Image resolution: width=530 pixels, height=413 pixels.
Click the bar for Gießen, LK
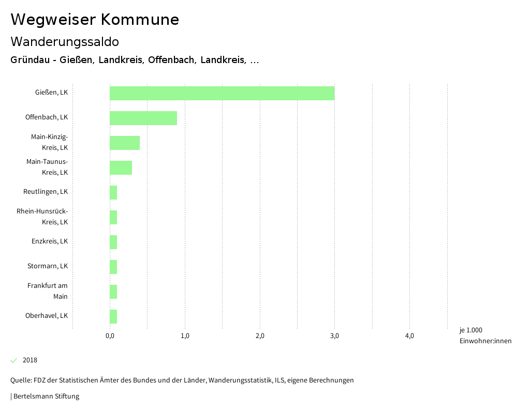[222, 94]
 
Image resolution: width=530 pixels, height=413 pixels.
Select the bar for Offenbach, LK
[143, 118]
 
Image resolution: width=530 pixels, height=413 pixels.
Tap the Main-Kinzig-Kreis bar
[124, 143]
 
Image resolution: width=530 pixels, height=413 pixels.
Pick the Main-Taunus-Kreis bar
[121, 167]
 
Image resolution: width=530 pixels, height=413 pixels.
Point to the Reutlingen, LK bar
[113, 192]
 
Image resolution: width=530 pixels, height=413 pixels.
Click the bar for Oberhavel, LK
[113, 316]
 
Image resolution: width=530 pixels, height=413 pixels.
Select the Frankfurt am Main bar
[113, 292]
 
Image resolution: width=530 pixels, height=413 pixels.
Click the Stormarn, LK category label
[48, 266]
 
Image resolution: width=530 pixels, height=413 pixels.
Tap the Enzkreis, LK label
[50, 241]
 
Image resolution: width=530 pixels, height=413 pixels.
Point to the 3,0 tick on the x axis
[334, 336]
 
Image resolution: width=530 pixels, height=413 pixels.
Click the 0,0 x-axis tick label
[110, 336]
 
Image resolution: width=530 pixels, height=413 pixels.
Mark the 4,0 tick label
[409, 336]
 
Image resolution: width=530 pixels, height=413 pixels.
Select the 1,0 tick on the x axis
[185, 336]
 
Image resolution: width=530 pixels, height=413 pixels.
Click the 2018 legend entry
[30, 360]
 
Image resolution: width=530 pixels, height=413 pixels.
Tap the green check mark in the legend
[14, 360]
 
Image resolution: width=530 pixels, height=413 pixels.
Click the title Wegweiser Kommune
[95, 20]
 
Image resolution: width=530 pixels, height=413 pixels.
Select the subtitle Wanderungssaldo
[65, 41]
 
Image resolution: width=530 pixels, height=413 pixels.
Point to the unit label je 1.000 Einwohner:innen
[485, 335]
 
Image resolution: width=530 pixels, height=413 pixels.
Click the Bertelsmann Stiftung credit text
[46, 396]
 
